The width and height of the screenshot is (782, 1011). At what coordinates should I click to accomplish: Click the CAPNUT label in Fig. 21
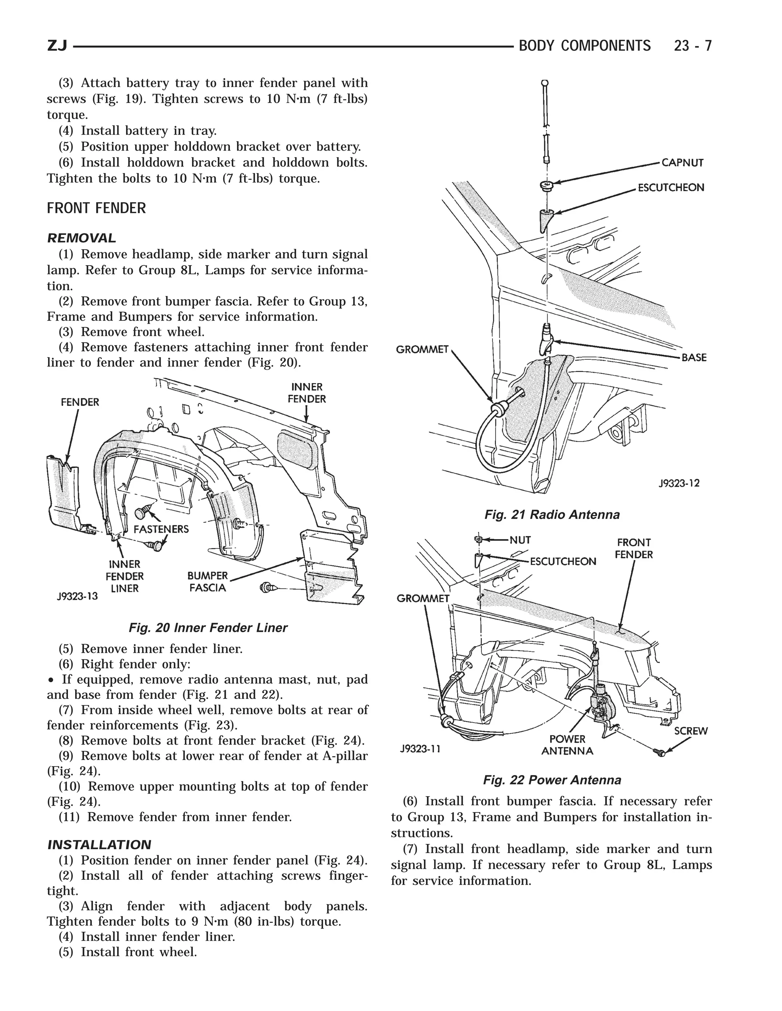click(x=682, y=163)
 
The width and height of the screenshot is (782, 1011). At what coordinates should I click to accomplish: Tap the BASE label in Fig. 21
click(x=693, y=357)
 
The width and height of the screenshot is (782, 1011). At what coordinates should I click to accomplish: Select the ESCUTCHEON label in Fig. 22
click(x=563, y=562)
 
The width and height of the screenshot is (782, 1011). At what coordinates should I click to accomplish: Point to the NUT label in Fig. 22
click(x=520, y=540)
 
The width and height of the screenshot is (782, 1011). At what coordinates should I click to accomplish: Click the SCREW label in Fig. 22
click(x=691, y=731)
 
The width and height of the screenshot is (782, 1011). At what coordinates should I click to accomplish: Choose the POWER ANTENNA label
click(x=567, y=745)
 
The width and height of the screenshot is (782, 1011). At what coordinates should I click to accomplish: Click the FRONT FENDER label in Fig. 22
click(x=634, y=548)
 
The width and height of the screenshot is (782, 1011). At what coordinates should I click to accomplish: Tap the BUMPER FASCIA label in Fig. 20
click(x=207, y=582)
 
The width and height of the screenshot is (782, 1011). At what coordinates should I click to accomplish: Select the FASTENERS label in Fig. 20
click(x=161, y=529)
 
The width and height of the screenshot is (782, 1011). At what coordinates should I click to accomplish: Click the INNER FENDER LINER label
click(x=124, y=576)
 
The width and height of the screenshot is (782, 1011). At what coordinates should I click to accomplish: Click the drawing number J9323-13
click(x=78, y=596)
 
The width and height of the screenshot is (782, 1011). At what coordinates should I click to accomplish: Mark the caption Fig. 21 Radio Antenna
click(x=552, y=515)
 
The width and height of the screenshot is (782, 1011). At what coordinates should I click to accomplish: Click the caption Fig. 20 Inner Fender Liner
click(x=208, y=628)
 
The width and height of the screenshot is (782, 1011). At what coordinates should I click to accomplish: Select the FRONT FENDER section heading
click(x=96, y=208)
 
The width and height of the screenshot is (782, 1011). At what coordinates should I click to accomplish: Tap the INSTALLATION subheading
click(x=99, y=845)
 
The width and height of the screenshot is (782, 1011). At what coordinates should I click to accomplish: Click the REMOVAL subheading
click(x=82, y=238)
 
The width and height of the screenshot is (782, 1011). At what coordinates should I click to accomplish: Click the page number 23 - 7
click(x=693, y=46)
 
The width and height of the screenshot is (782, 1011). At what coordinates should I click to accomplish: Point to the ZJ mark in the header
click(x=57, y=46)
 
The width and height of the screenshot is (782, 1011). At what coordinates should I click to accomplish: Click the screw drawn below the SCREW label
click(x=661, y=753)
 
